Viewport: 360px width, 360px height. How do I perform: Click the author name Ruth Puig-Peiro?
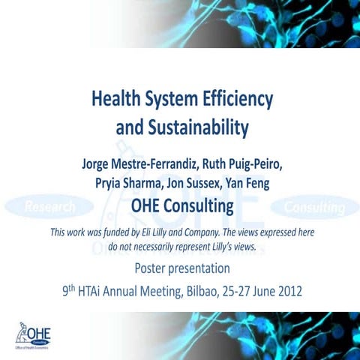click(x=240, y=163)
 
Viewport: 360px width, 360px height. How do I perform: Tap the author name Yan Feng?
click(x=253, y=184)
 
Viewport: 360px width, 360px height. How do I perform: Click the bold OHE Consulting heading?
click(x=182, y=205)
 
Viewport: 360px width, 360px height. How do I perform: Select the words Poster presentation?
click(x=182, y=268)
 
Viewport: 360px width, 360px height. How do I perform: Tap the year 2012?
click(x=287, y=291)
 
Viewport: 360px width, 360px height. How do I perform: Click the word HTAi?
click(x=97, y=291)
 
